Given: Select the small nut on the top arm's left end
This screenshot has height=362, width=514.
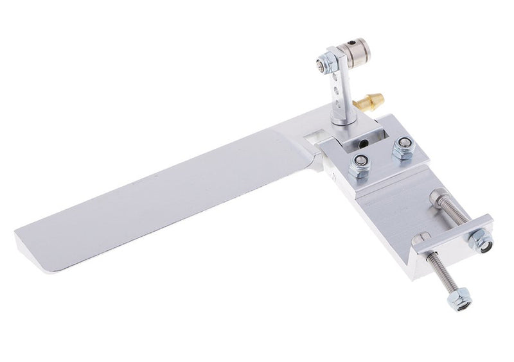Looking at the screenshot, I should click(320, 64).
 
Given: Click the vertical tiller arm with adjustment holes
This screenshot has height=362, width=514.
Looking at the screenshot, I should click(341, 90).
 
